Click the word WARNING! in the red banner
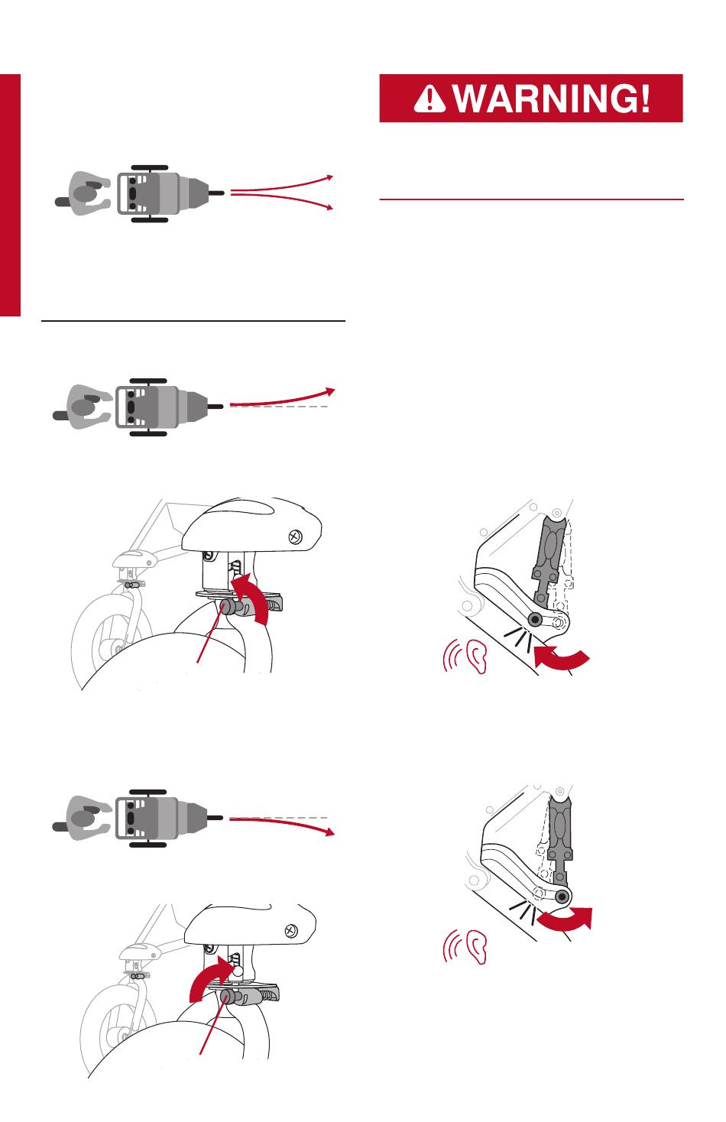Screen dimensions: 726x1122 [551, 98]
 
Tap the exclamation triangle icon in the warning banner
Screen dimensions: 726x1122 [429, 98]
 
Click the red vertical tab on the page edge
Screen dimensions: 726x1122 [10, 196]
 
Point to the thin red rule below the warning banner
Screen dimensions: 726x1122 [531, 199]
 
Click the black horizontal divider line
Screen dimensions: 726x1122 [193, 320]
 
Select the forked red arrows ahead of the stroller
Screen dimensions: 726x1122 [282, 192]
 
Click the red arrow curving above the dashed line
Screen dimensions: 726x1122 [282, 398]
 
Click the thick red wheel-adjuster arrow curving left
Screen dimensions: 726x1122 [252, 598]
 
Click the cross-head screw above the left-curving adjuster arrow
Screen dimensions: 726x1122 [296, 537]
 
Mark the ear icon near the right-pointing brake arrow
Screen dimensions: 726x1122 [476, 947]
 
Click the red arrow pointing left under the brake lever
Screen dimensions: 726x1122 [561, 657]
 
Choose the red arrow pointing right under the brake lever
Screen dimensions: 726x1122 [565, 919]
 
